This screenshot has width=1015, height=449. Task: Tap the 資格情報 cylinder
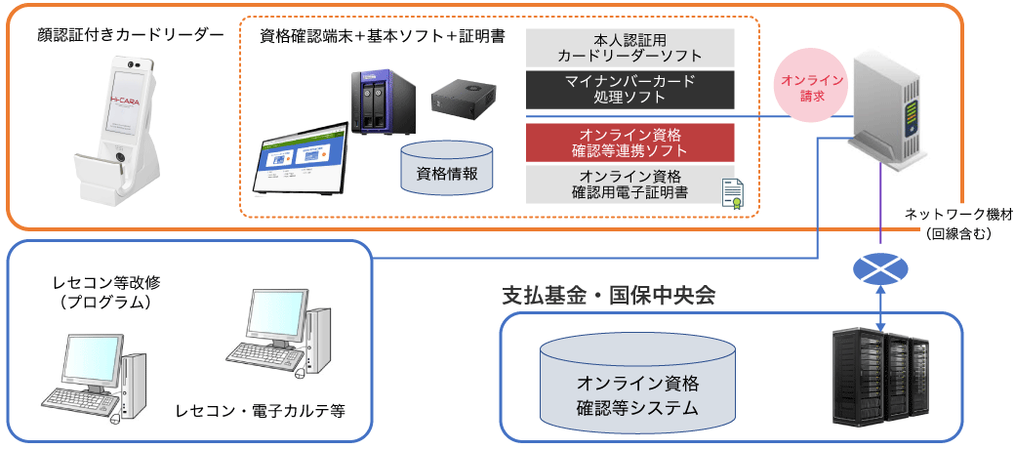[447, 169]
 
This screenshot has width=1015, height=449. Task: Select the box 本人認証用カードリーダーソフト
[629, 48]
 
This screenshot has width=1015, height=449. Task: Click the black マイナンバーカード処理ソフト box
[629, 89]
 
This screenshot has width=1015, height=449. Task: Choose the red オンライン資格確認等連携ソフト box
[629, 143]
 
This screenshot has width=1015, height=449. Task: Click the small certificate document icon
[732, 194]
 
